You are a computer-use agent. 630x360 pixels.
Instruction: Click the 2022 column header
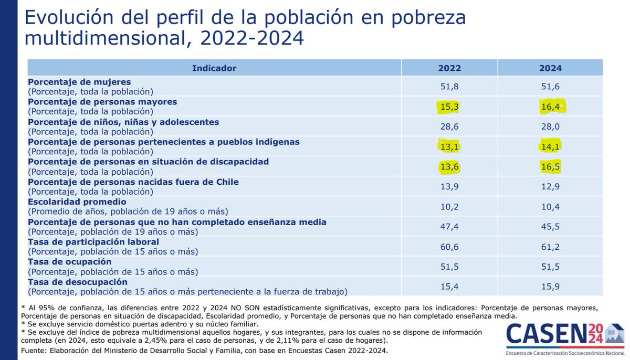tap(449, 68)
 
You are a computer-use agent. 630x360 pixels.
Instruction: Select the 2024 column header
tap(550, 68)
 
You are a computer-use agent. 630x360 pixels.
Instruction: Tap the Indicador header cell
tap(214, 68)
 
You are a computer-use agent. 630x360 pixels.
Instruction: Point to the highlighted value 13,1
tap(449, 147)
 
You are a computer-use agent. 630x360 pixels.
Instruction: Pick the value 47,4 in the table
tap(449, 227)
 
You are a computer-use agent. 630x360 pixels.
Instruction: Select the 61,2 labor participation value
tap(550, 247)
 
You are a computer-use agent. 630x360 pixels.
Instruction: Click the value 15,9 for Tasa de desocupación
tap(550, 287)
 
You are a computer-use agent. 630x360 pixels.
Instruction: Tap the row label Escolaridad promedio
tap(77, 202)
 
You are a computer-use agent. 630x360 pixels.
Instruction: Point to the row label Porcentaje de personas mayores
tap(102, 102)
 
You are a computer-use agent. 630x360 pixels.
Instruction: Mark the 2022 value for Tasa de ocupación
tap(449, 267)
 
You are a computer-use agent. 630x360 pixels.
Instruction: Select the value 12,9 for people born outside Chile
tap(550, 187)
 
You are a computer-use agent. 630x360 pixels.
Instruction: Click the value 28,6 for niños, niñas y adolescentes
tap(449, 127)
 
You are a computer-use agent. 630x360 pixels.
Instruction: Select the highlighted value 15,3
tap(449, 107)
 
